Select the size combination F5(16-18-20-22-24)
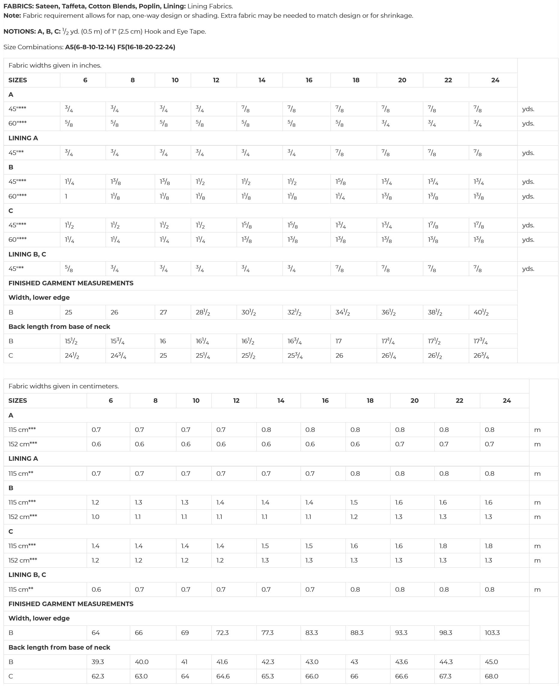[146, 47]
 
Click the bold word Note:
[12, 16]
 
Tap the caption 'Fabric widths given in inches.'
[55, 65]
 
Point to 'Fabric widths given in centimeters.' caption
[64, 386]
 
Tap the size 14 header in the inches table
[262, 80]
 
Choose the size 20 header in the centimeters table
[415, 400]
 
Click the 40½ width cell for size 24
[481, 312]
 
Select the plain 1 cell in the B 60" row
[66, 196]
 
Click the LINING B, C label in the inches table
[27, 254]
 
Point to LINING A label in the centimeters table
[23, 459]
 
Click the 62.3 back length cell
[98, 676]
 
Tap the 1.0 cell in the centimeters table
[95, 517]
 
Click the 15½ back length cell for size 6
[71, 341]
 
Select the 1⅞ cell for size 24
[478, 226]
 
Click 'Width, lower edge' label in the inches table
[39, 297]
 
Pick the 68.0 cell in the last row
[492, 676]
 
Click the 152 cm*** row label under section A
[23, 444]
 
